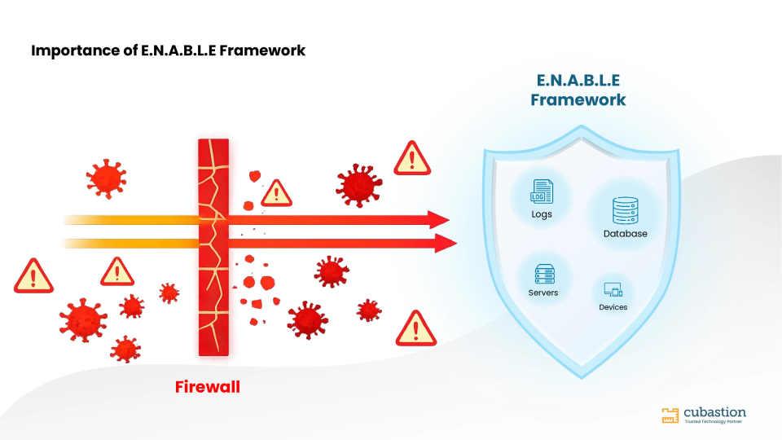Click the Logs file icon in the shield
[x=542, y=191]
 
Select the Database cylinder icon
[x=626, y=210]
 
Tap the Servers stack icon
[x=545, y=275]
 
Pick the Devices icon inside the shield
[x=613, y=290]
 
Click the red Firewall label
[x=208, y=386]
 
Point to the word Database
[x=626, y=234]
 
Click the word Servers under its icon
[x=543, y=293]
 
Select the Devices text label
[x=613, y=307]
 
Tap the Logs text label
[x=542, y=214]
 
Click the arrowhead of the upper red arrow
[x=438, y=220]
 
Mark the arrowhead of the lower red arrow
[x=446, y=244]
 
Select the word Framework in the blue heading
[x=578, y=99]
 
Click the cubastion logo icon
[x=670, y=415]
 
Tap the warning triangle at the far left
[x=33, y=276]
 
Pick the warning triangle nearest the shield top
[x=412, y=158]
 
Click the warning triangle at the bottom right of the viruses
[x=416, y=328]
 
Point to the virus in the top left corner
[x=106, y=179]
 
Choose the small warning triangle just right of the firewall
[x=276, y=193]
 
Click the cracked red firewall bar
[x=213, y=248]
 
